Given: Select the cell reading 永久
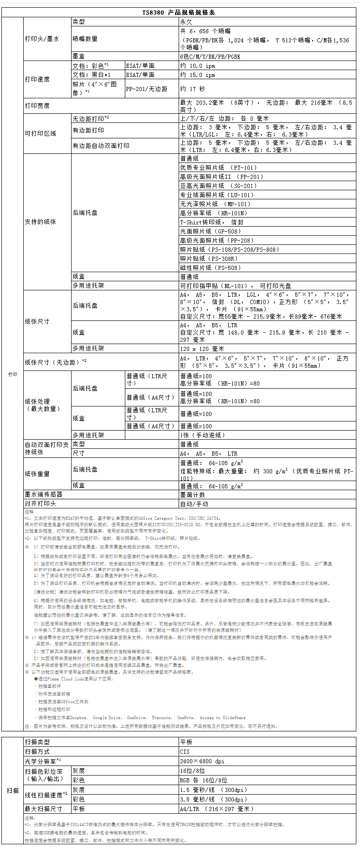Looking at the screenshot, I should pyautogui.click(x=186, y=22).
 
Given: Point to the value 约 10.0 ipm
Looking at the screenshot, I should pyautogui.click(x=197, y=66).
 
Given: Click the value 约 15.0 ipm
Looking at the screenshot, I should pyautogui.click(x=197, y=75).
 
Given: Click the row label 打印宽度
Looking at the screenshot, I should pyautogui.click(x=37, y=106).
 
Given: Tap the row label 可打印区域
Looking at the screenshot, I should pyautogui.click(x=41, y=133).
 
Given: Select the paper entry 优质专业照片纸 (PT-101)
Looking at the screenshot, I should pyautogui.click(x=218, y=167).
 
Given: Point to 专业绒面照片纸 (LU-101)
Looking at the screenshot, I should pyautogui.click(x=217, y=195).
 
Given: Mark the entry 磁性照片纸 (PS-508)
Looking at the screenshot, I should pyautogui.click(x=211, y=268).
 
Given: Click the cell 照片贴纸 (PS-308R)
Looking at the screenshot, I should pyautogui.click(x=209, y=259).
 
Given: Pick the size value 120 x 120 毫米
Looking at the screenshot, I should pyautogui.click(x=202, y=349).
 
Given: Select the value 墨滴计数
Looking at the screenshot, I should pyautogui.click(x=192, y=495).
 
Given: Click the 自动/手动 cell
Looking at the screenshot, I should pyautogui.click(x=194, y=504).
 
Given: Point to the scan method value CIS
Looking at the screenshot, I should pyautogui.click(x=185, y=752).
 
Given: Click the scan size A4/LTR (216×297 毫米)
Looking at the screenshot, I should pyautogui.click(x=216, y=809).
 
